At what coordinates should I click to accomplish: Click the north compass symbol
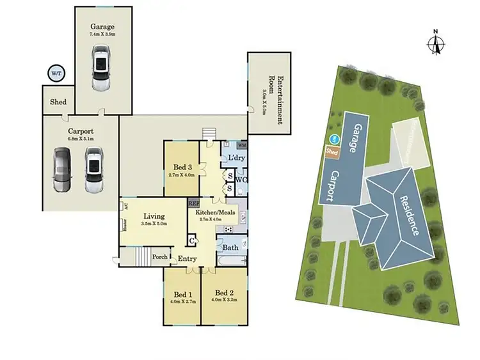click(x=436, y=43)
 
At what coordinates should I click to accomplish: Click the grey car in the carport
click(x=62, y=169)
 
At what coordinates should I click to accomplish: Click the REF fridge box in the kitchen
click(x=194, y=203)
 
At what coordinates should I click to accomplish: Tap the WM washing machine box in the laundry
click(x=241, y=146)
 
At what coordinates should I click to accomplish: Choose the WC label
click(x=241, y=180)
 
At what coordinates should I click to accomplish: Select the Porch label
click(x=160, y=258)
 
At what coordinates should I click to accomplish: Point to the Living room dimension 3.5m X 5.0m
click(x=154, y=224)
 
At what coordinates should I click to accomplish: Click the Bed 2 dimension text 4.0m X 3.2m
click(x=225, y=300)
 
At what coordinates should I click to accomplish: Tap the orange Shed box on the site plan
click(x=332, y=152)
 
